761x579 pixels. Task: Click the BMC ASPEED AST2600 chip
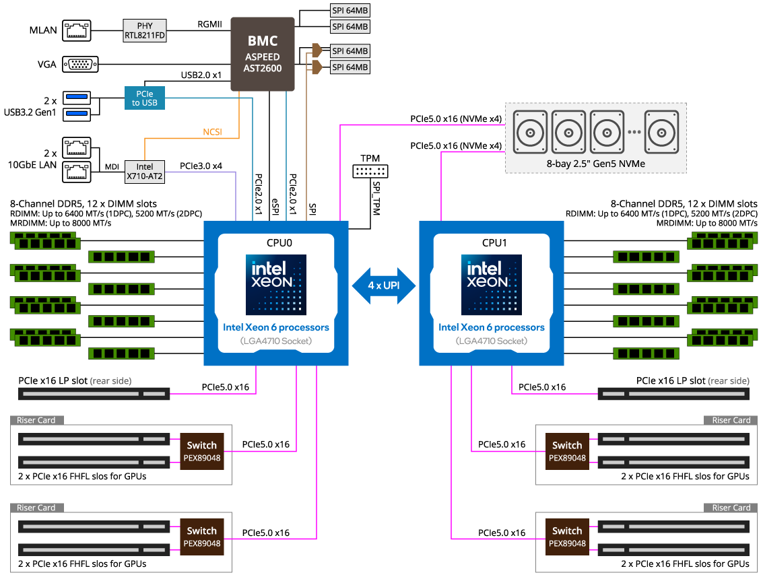pos(263,54)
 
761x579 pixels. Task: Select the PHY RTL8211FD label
pos(145,31)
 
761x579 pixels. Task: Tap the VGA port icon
pos(80,64)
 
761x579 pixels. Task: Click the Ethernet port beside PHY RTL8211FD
pos(77,30)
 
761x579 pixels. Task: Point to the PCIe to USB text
pos(145,98)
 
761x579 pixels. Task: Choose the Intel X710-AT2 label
pos(145,172)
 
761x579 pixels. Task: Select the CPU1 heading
pos(491,243)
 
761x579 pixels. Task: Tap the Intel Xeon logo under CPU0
pos(275,284)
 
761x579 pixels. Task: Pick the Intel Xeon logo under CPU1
pos(491,284)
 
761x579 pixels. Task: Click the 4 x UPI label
pos(384,285)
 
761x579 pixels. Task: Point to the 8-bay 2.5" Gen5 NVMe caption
pos(595,162)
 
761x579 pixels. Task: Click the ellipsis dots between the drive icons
pos(634,133)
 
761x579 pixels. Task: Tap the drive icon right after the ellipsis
pos(661,132)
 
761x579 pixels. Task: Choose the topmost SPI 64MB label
pos(350,11)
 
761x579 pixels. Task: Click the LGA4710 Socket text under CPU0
pos(275,341)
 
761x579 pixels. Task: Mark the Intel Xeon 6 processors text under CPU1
pos(491,327)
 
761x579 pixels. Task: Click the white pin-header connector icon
pos(370,171)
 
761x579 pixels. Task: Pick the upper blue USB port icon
pos(76,98)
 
